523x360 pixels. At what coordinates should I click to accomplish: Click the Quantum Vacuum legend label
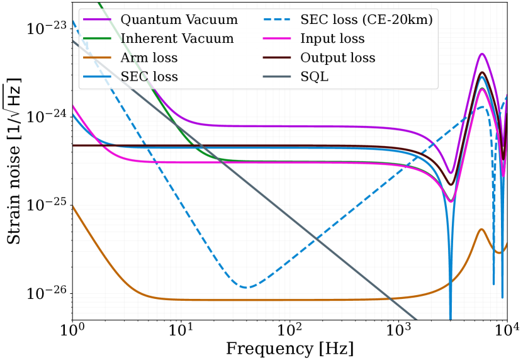[179, 20]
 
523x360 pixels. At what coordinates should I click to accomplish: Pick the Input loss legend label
[332, 38]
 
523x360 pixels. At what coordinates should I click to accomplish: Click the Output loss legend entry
[338, 58]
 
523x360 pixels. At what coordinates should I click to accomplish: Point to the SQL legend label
[314, 77]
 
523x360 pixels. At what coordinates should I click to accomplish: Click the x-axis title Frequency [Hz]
[290, 349]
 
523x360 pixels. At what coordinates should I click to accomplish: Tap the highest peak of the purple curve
[482, 54]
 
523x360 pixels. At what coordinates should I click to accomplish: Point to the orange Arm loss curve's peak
[481, 229]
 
